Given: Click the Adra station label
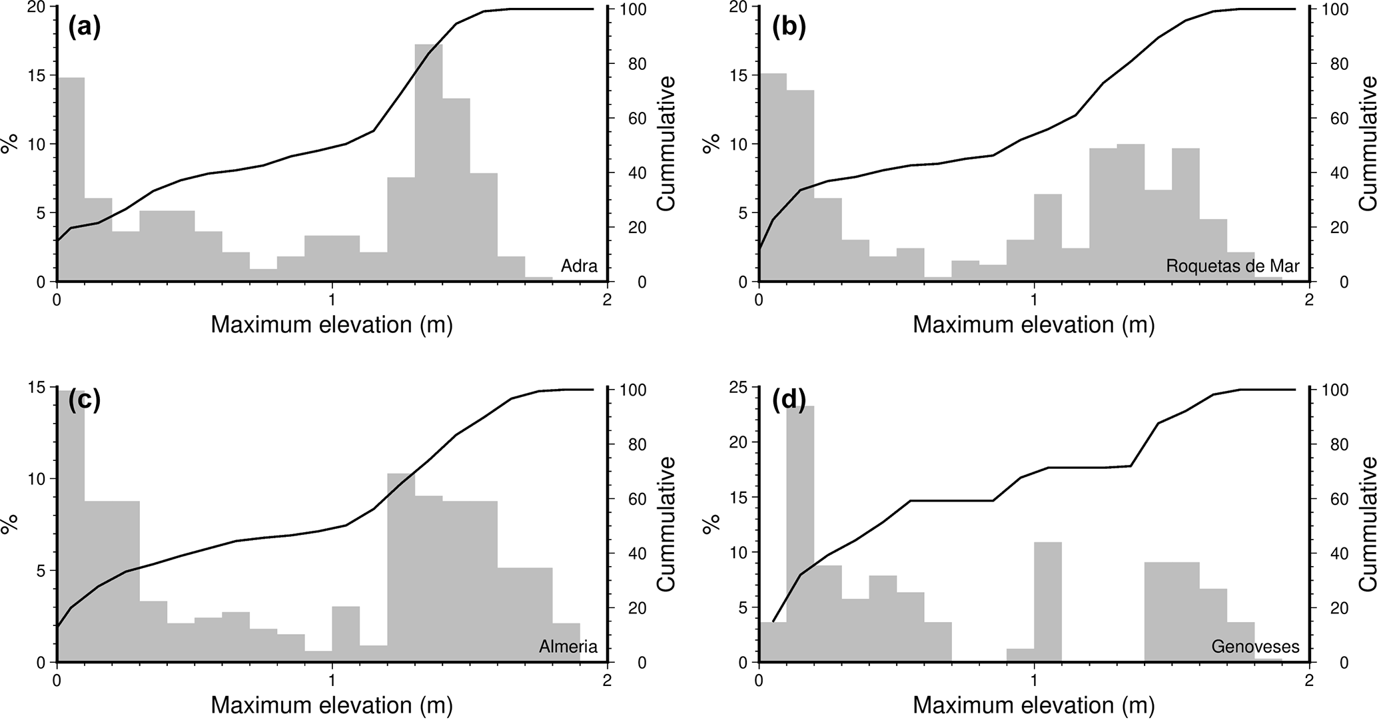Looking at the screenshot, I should [x=579, y=266].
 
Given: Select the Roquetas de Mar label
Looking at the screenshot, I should [x=1232, y=266].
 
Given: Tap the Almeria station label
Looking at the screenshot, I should [x=568, y=647].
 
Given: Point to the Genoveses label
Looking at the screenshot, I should [x=1255, y=647].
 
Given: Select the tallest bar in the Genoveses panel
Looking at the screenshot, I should [x=800, y=533].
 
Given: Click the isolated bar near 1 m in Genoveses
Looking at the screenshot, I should [x=1047, y=603].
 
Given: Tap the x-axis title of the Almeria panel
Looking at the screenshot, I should [x=332, y=705].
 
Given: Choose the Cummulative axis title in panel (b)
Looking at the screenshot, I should [x=1367, y=143].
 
